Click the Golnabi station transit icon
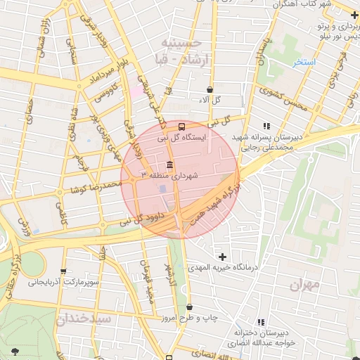coord(182,127)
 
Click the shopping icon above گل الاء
coord(210,90)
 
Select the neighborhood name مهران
coord(304,285)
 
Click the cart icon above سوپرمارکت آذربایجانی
coord(63,271)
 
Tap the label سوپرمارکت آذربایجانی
coord(63,282)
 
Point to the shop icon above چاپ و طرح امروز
coord(190,307)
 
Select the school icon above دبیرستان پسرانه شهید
coord(266,126)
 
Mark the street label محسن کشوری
coord(283,98)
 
